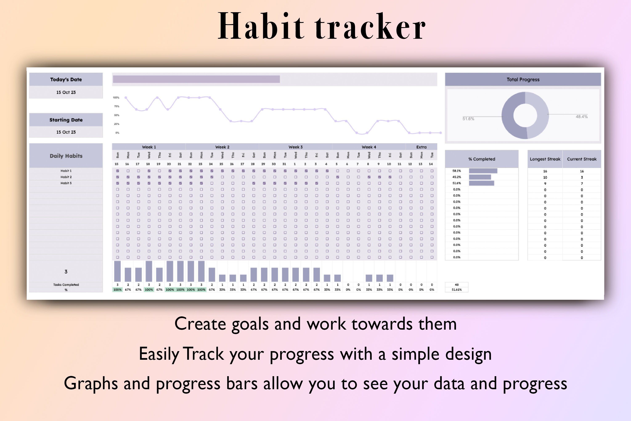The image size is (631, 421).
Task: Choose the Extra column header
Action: [421, 147]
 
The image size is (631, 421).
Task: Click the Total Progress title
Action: [523, 80]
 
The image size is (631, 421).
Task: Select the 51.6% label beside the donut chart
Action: [468, 119]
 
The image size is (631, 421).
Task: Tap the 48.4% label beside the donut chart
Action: [581, 117]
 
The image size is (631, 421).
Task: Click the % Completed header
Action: [482, 159]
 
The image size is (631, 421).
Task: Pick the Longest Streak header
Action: [545, 159]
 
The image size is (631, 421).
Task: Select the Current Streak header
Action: [582, 159]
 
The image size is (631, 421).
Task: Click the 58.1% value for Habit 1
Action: [456, 171]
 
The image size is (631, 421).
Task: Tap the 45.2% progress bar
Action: [480, 177]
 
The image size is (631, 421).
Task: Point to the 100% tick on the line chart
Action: [116, 97]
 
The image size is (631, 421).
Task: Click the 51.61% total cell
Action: [456, 290]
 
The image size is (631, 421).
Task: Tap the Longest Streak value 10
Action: [545, 177]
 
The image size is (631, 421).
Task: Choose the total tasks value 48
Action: [456, 285]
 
